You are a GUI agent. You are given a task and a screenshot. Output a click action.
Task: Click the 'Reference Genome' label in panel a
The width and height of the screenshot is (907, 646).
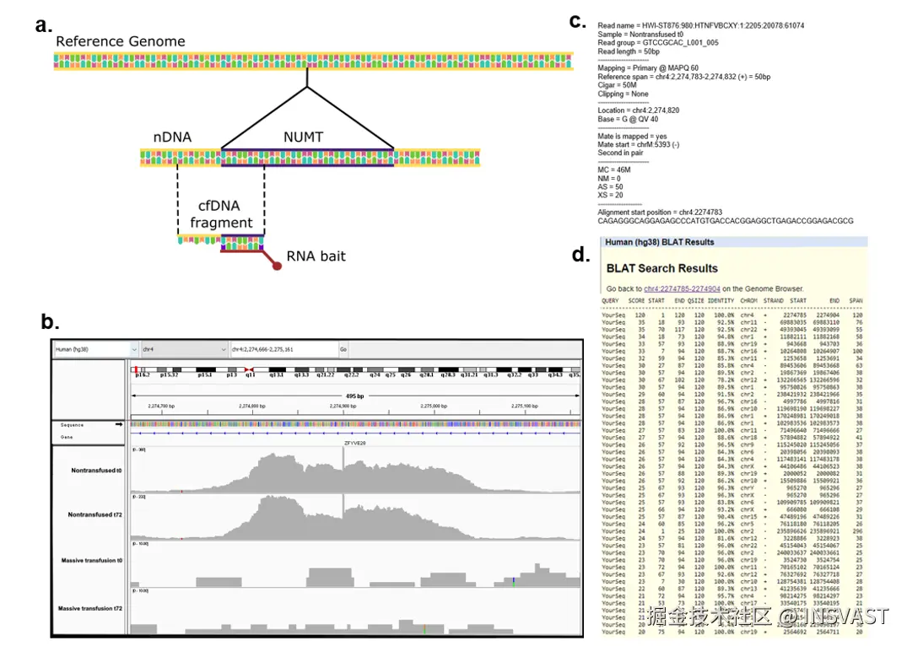[x=120, y=41]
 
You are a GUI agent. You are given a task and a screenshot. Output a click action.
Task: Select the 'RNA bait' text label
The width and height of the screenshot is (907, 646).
[x=316, y=256]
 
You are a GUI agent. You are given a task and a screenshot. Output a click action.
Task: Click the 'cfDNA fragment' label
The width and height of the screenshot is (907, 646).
[x=221, y=214]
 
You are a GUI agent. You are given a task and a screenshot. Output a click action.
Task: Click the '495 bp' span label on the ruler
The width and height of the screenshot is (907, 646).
[x=355, y=395]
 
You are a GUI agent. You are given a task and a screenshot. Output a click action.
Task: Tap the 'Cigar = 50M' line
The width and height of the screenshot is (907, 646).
[x=619, y=85]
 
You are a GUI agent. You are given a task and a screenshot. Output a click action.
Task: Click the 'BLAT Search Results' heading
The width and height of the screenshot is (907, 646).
[x=662, y=268]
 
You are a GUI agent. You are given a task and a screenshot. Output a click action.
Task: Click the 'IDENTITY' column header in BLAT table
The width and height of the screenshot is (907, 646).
[x=721, y=300]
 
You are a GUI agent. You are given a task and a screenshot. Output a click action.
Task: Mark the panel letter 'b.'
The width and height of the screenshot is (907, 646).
[x=51, y=321]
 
